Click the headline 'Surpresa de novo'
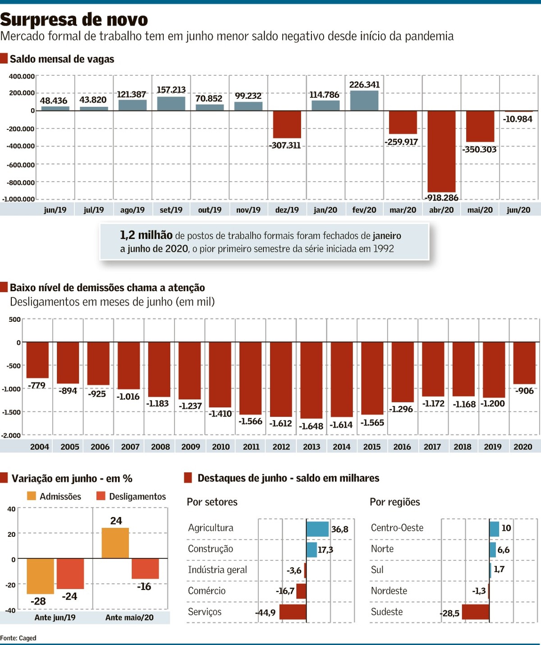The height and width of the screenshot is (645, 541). [x=74, y=19]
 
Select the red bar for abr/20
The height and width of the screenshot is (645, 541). [x=441, y=151]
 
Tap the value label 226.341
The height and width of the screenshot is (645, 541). [x=364, y=85]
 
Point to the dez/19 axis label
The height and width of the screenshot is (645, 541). [x=287, y=210]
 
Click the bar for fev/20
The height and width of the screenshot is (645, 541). [x=364, y=101]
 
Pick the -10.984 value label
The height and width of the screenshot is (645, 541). [x=518, y=119]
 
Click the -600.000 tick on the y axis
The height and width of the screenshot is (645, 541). [x=20, y=165]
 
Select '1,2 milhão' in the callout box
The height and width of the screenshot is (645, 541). [x=146, y=235]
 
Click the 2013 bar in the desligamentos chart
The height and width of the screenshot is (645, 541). [x=312, y=380]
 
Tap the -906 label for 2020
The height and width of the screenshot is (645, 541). [x=524, y=391]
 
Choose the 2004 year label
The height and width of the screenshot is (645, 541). [x=40, y=447]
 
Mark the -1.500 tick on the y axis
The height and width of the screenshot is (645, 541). [x=11, y=412]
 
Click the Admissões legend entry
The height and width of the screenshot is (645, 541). [x=54, y=496]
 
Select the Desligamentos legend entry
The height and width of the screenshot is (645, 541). [x=132, y=496]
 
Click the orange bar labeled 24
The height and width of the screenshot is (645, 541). [x=115, y=543]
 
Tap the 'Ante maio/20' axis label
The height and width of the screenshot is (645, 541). [x=129, y=618]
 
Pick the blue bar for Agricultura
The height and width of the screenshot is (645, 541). [x=317, y=529]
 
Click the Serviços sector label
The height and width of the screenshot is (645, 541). [x=205, y=612]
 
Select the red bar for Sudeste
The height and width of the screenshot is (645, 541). [x=475, y=612]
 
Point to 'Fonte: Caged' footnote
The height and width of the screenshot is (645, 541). [x=18, y=638]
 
